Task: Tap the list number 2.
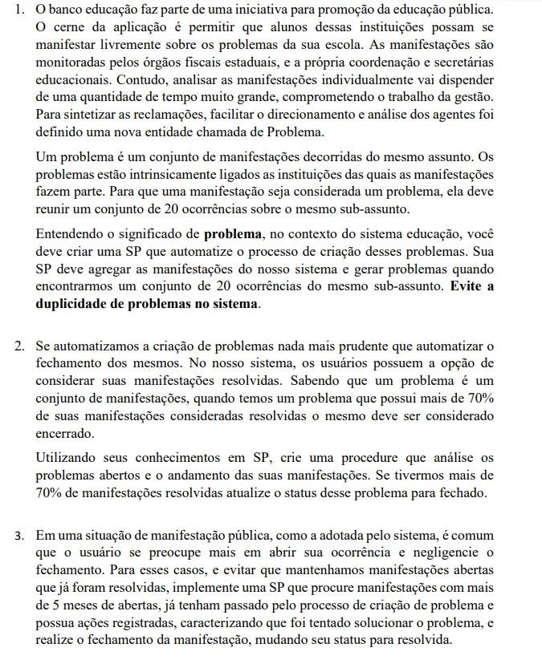[x=18, y=346]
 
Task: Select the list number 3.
[x=18, y=536]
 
